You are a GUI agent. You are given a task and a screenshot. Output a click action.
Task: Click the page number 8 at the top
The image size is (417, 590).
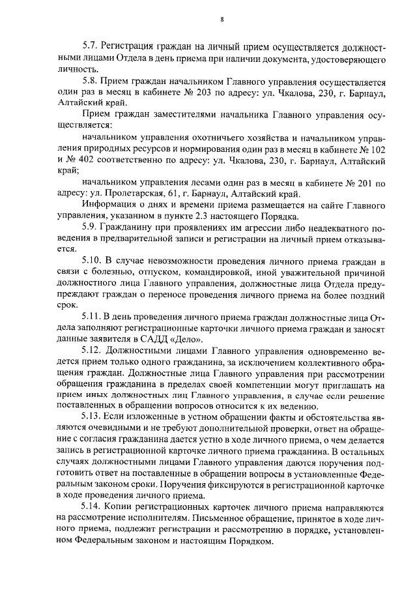click(222, 19)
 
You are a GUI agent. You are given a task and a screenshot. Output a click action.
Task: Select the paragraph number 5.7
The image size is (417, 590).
click(90, 48)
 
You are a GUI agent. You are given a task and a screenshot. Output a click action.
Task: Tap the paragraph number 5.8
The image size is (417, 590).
click(90, 81)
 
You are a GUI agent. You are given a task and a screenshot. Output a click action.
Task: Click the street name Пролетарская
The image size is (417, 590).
click(144, 194)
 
